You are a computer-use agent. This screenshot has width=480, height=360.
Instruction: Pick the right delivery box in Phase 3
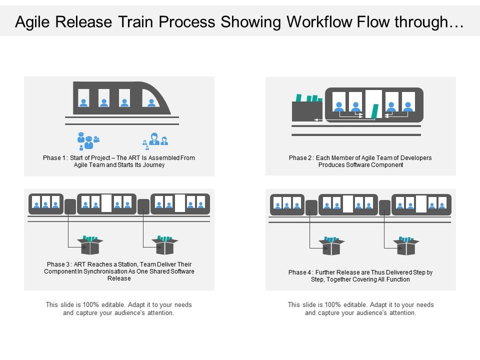[165, 245]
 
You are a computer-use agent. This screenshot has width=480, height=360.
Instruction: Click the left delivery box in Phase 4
[331, 246]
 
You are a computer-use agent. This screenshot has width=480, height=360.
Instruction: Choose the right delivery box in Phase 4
[406, 246]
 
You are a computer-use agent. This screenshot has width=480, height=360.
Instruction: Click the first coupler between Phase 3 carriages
[70, 206]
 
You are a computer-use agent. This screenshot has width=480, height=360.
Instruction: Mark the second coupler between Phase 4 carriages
[384, 207]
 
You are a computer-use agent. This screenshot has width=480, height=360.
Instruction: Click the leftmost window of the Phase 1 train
[83, 98]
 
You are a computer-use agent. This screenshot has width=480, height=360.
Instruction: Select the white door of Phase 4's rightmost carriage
[421, 204]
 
